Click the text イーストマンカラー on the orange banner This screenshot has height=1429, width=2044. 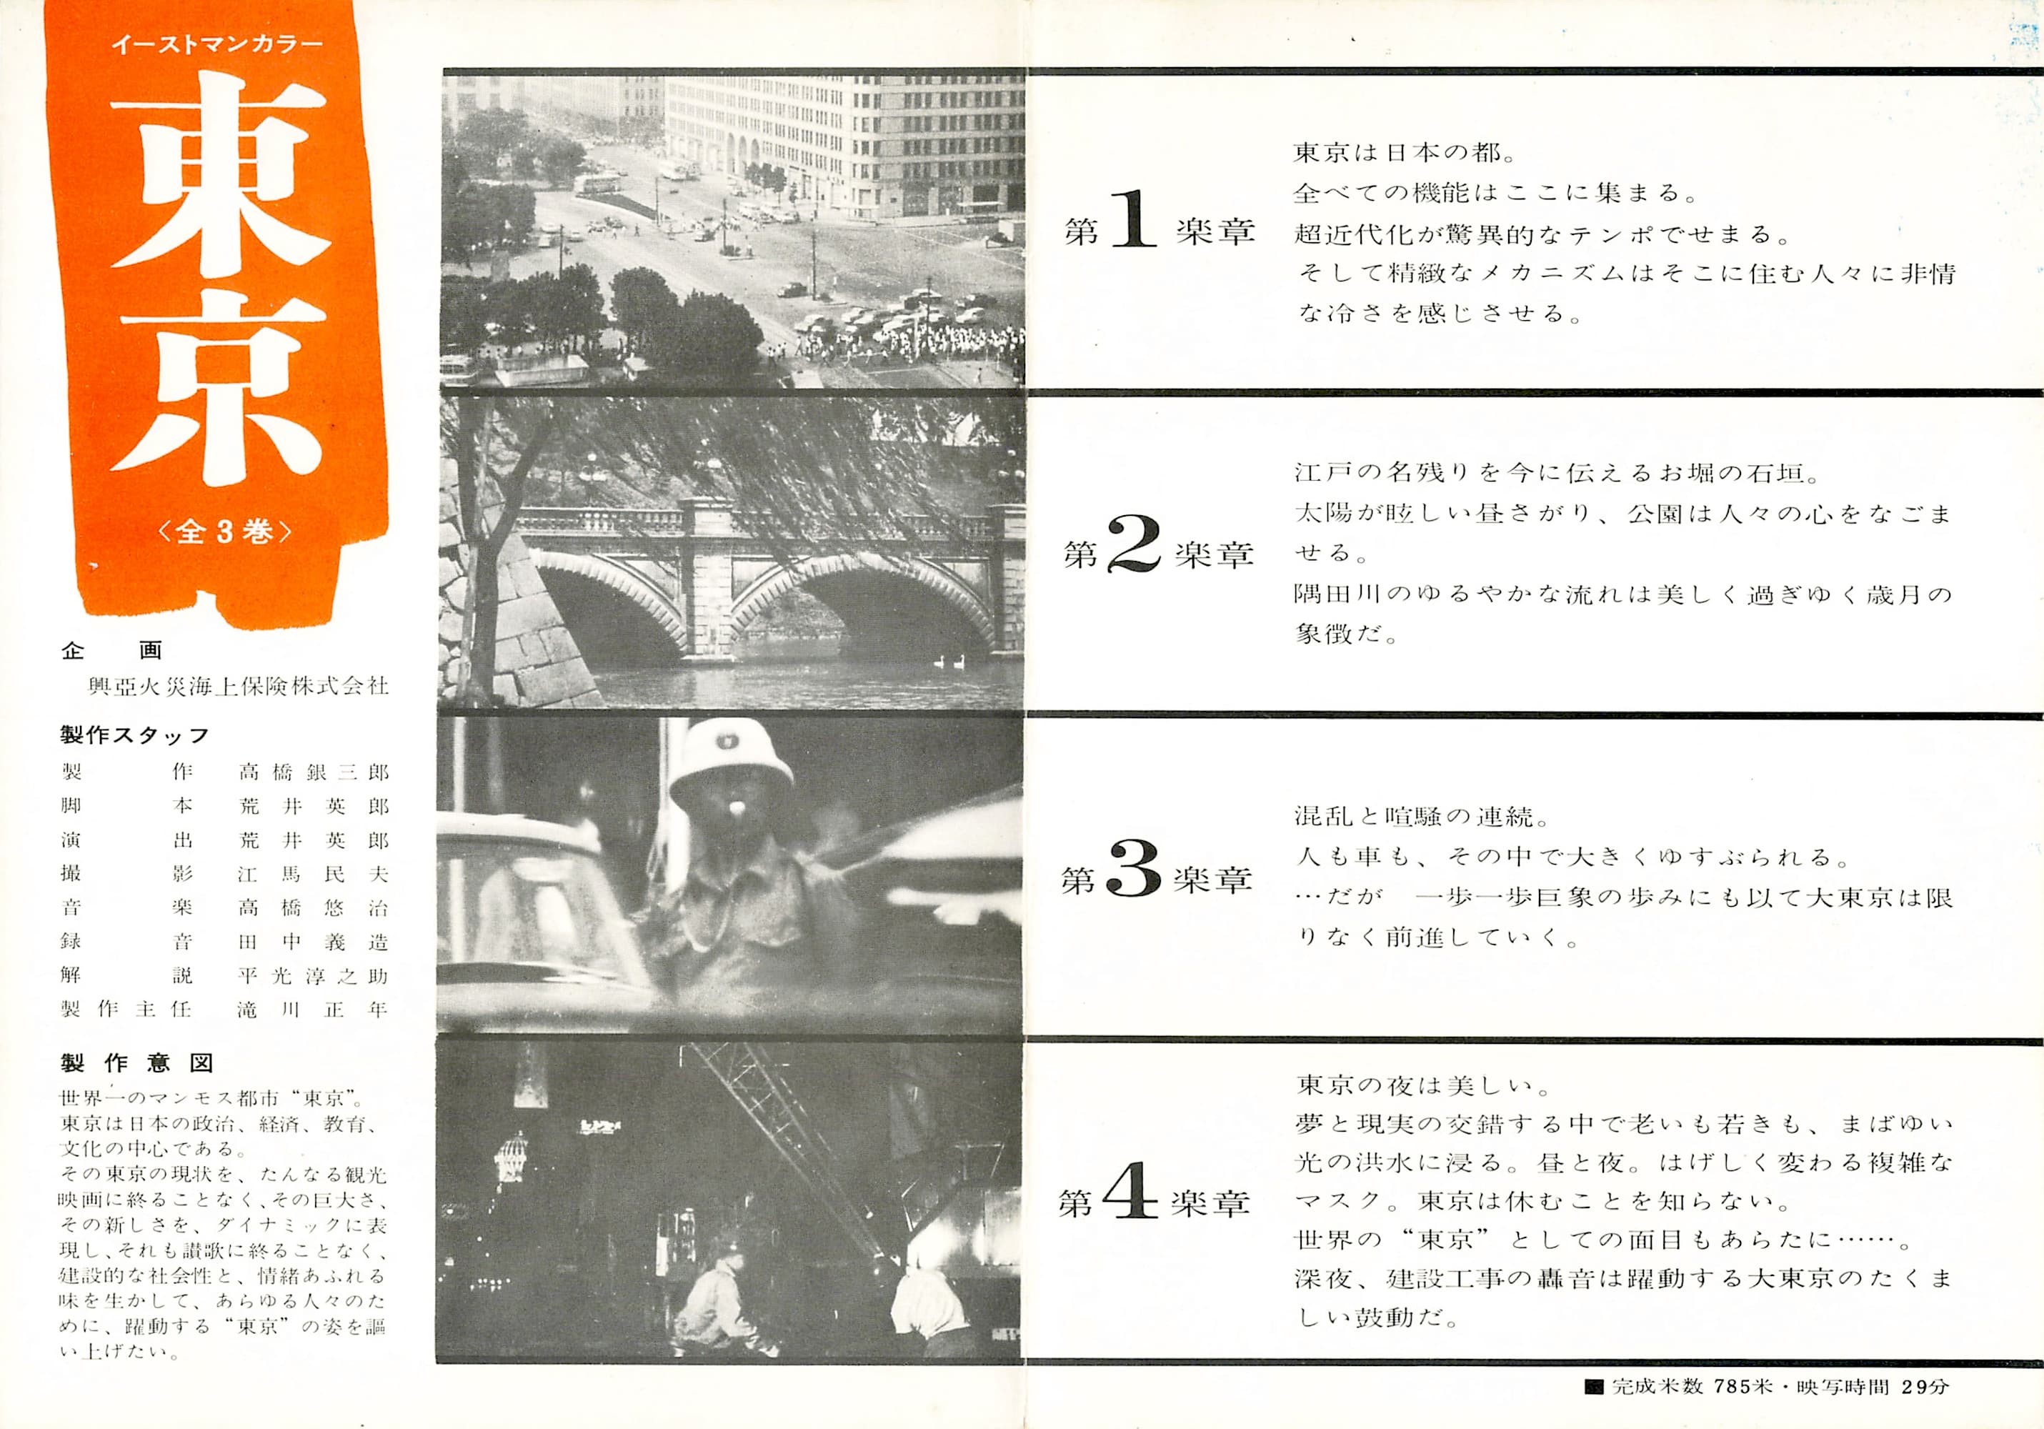tap(217, 44)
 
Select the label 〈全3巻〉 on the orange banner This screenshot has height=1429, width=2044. tap(224, 531)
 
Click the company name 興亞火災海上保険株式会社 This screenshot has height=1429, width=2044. tap(239, 686)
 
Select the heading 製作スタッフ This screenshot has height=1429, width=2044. tap(135, 735)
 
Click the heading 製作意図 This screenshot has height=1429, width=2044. tap(137, 1063)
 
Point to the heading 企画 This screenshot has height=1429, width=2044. tap(112, 651)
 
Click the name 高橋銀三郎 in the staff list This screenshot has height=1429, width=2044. tap(314, 772)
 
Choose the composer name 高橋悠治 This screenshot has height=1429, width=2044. tap(314, 907)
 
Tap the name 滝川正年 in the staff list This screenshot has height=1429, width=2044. tap(314, 1009)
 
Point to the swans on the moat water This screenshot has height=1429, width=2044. tap(949, 662)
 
